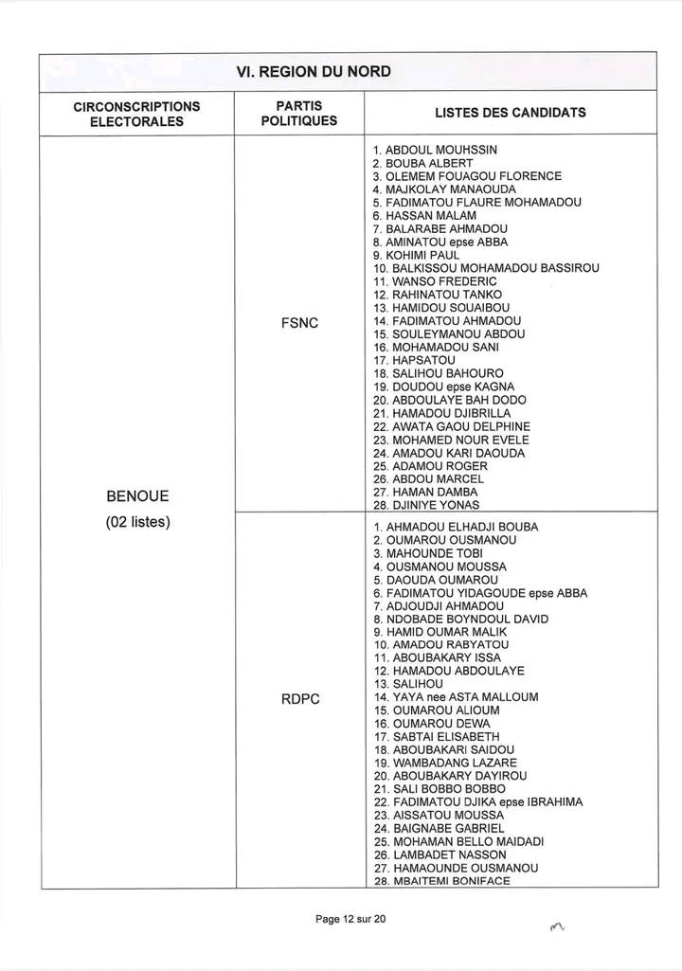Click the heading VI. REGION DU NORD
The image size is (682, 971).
click(x=313, y=72)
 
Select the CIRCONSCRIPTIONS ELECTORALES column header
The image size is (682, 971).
click(x=136, y=114)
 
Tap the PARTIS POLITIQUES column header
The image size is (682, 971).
click(x=298, y=114)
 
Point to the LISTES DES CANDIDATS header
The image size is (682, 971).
click(x=510, y=113)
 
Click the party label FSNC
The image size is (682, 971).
click(x=299, y=323)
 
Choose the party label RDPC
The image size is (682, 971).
click(x=299, y=699)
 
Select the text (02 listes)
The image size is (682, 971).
click(x=137, y=522)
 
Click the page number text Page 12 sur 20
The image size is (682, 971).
click(x=351, y=919)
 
